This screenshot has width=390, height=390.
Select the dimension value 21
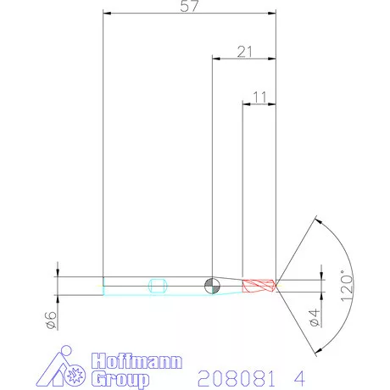click(244, 52)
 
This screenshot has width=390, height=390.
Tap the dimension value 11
click(259, 97)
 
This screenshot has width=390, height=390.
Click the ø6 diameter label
click(52, 320)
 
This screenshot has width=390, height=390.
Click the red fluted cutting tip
click(258, 286)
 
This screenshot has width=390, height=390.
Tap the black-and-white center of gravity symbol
click(212, 286)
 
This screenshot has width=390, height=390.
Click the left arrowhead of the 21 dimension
click(214, 59)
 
